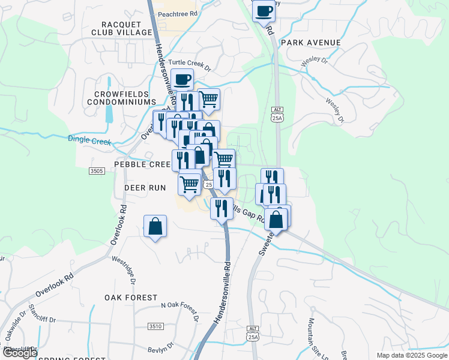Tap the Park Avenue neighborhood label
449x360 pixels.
[x=310, y=43]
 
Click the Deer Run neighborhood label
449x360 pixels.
[x=145, y=188]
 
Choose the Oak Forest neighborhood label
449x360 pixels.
[x=131, y=298]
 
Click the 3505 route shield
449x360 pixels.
[x=96, y=171]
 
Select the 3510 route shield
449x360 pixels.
[x=155, y=326]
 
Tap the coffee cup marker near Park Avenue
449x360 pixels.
[x=263, y=10]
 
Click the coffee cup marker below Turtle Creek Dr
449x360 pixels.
[x=182, y=79]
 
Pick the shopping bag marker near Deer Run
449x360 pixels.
[x=155, y=227]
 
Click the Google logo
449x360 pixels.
[x=19, y=353]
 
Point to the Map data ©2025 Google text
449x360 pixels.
[x=412, y=355]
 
